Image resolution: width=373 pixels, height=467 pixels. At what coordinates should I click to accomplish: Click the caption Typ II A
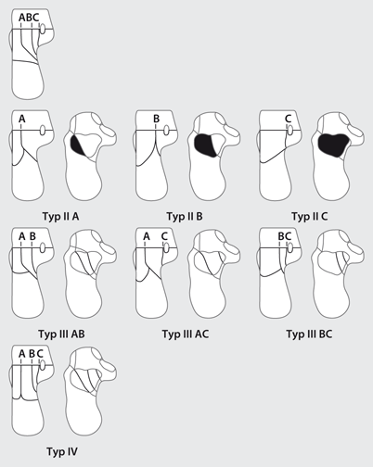60,217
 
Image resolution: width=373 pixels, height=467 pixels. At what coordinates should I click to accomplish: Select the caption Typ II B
185,217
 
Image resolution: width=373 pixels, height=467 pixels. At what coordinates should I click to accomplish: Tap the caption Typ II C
309,217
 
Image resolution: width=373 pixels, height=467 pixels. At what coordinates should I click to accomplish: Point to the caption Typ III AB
61,334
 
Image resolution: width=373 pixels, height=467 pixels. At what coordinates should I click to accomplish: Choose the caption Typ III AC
186,334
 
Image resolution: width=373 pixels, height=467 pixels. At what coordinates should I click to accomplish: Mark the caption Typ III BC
309,334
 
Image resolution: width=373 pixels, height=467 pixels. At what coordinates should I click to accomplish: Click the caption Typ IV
62,451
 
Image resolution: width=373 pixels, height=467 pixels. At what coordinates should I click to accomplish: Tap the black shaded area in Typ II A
77,145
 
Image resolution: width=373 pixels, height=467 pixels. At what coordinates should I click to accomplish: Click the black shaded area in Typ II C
333,145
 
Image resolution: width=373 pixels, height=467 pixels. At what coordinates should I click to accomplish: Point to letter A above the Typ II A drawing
21,119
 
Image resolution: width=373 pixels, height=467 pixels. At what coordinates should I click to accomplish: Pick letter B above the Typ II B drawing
157,119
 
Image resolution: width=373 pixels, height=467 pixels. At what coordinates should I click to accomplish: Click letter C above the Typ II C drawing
288,119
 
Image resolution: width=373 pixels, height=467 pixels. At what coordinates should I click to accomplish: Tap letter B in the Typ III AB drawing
32,236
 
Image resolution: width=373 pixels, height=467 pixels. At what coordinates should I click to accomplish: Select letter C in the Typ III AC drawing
164,236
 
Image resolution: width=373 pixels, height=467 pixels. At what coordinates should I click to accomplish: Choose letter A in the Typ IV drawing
21,354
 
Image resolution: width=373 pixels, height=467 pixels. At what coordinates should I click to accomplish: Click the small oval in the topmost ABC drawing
43,29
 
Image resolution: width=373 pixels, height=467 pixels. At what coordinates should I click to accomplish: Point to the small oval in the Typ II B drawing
167,130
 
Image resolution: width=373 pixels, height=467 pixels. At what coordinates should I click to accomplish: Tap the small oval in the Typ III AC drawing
167,247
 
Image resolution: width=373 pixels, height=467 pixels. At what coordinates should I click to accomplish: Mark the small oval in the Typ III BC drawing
290,247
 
